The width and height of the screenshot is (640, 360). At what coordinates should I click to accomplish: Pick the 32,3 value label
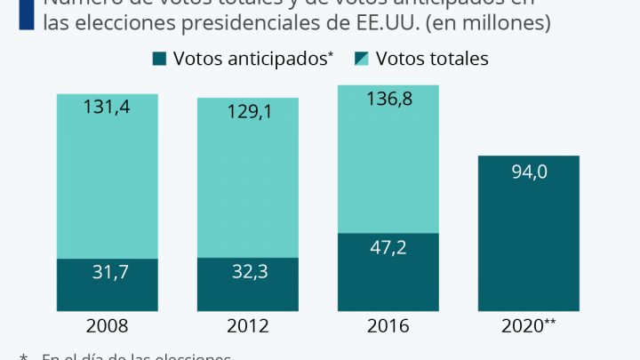247,273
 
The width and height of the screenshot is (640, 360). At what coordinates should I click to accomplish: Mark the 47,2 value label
388,248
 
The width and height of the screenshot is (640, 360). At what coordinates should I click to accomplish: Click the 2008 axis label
107,326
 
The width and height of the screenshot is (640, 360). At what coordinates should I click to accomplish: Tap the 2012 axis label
247,326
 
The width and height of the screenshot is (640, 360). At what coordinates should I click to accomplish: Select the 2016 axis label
388,326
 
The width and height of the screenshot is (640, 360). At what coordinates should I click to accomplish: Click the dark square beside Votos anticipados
160,59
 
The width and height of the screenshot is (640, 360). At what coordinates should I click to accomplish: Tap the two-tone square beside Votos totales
362,59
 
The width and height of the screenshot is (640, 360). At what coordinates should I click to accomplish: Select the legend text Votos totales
432,59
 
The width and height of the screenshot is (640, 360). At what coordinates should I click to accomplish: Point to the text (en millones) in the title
486,24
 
